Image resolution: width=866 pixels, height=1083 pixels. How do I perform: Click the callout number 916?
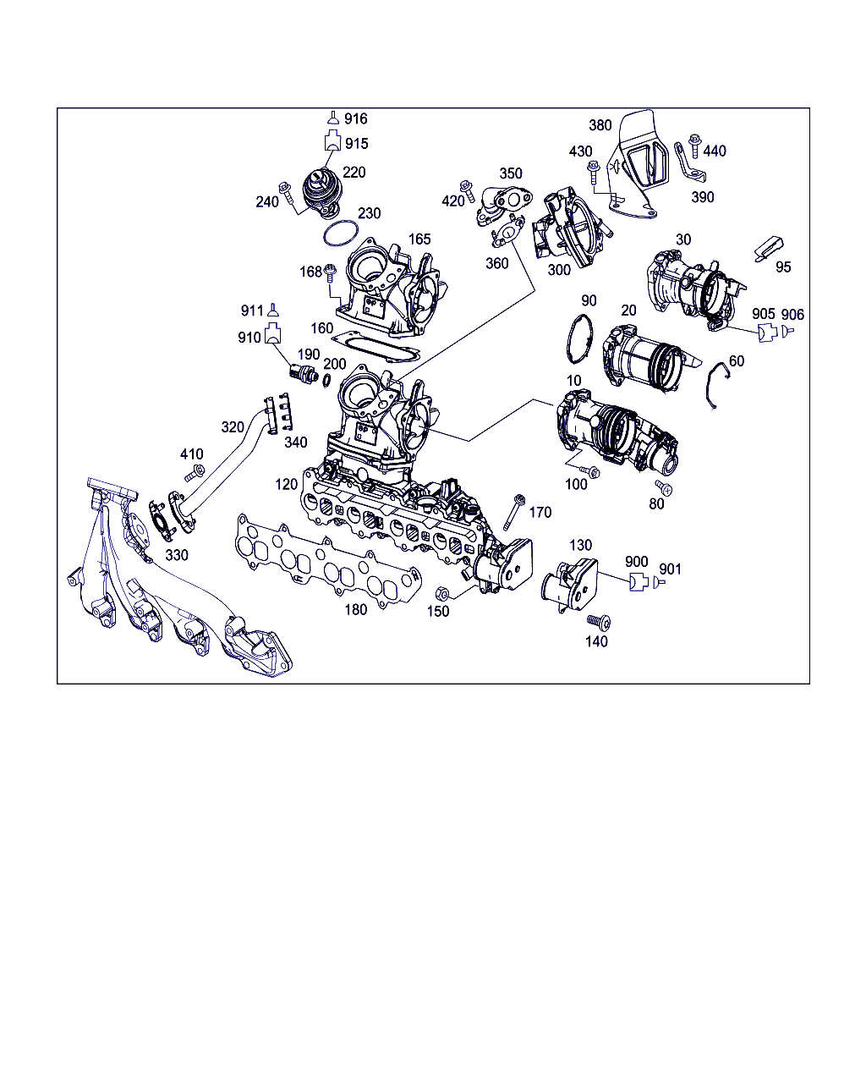pos(356,118)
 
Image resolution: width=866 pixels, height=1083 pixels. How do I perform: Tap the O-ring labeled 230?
pos(341,234)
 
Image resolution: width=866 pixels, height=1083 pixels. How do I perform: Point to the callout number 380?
pos(600,125)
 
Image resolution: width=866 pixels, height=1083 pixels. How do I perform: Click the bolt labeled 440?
pos(695,145)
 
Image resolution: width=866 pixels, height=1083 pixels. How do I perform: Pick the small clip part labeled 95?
pos(769,249)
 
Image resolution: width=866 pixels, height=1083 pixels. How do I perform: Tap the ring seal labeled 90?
pos(579,338)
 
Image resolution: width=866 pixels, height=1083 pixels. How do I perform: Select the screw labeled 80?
pos(664,487)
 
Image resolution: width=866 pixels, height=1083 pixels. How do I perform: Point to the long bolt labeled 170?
pos(513,512)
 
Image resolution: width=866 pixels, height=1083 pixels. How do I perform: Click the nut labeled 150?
pos(441,593)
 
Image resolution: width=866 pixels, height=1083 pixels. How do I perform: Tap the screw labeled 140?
pos(599,622)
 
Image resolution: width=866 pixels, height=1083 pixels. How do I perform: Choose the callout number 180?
pos(356,610)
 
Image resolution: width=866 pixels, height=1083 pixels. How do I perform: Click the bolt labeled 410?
pos(195,474)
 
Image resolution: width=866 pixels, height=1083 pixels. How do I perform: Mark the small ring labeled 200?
pos(326,381)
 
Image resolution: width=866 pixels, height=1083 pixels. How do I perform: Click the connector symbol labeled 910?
pos(272,333)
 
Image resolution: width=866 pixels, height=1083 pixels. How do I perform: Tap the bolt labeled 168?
pos(331,272)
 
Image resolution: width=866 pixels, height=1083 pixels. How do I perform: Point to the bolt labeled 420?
pos(468,190)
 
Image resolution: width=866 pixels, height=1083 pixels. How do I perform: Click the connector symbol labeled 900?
pos(639,582)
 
